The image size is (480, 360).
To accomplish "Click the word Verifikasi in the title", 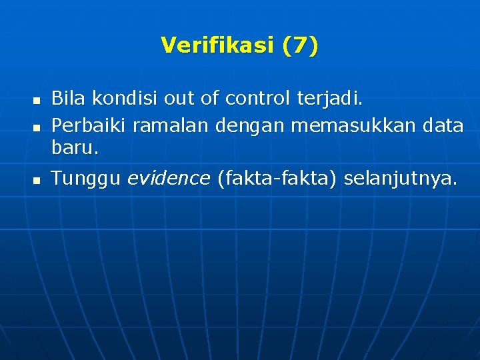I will tap(217, 45).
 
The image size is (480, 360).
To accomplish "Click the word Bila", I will tap(69, 99).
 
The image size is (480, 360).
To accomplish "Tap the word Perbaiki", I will tap(89, 125).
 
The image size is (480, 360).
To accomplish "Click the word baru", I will tap(75, 148).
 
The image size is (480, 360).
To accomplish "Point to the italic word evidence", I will tap(168, 178).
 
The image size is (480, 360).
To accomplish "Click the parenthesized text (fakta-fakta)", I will tap(277, 178).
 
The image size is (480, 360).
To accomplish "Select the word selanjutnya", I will tap(401, 179).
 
